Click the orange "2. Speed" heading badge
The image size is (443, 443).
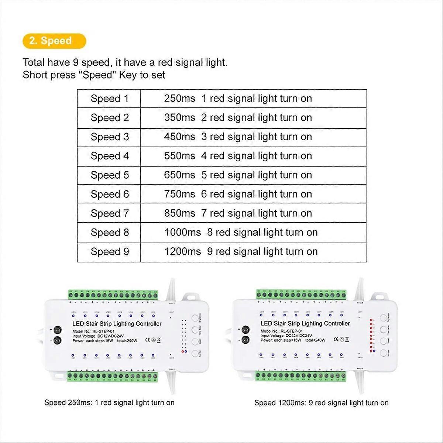tap(54, 41)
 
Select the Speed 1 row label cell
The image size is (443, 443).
tap(110, 99)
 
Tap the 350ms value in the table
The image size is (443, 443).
tap(179, 118)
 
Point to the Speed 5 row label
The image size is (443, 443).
tap(110, 175)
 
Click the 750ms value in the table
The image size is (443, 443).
tap(179, 194)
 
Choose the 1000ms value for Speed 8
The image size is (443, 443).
tap(182, 233)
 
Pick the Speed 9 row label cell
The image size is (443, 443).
tap(110, 252)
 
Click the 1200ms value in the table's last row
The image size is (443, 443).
tap(182, 252)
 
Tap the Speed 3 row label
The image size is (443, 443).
tap(110, 137)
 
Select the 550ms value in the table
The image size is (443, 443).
tap(179, 156)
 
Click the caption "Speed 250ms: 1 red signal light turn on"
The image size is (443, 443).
tap(109, 402)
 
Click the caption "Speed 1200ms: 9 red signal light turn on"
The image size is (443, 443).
tap(321, 403)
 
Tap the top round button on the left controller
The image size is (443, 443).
tap(195, 318)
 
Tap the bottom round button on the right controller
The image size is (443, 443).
tap(384, 353)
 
